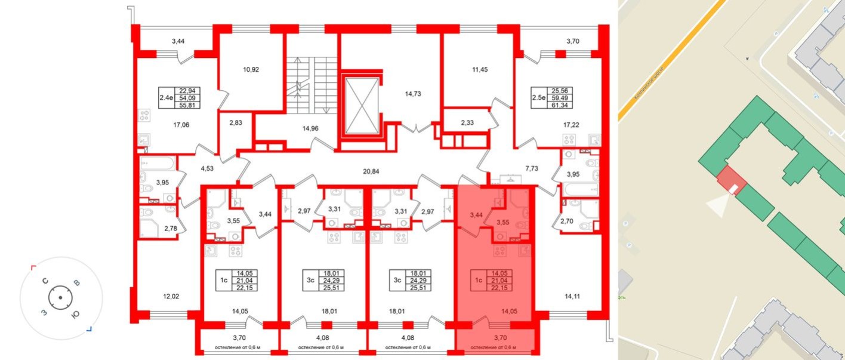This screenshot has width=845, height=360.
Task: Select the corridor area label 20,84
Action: tap(371, 171)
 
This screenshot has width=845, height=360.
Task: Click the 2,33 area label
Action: tap(467, 123)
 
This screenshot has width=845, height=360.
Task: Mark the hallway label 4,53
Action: tap(206, 169)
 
